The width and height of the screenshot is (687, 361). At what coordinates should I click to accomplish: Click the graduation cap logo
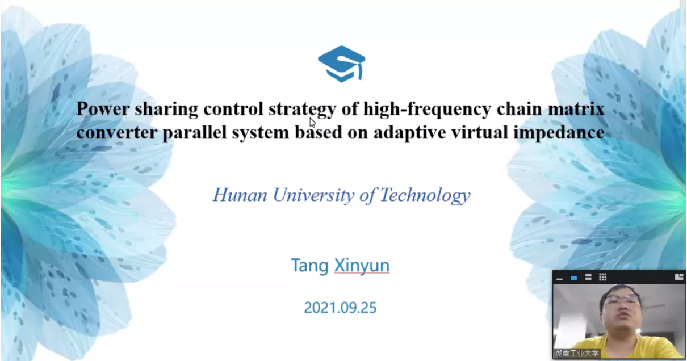tap(342, 64)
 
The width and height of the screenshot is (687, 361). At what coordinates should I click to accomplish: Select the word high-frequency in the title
tap(427, 110)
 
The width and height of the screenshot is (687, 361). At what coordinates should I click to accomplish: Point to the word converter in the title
tap(117, 132)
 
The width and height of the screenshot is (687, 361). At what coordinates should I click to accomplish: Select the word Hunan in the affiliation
tap(240, 195)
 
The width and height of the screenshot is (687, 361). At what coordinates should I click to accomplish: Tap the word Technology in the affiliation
tap(425, 196)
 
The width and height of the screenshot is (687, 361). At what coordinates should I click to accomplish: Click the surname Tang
tap(310, 266)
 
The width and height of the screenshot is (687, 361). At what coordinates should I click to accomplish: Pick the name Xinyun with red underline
tap(362, 266)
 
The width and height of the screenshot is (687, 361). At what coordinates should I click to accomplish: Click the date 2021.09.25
tap(340, 308)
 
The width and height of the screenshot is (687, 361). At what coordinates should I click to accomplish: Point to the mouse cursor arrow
tap(312, 123)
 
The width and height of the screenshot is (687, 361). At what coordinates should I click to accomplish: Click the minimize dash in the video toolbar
tap(559, 279)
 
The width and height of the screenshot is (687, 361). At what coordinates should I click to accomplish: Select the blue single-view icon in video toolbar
tap(574, 278)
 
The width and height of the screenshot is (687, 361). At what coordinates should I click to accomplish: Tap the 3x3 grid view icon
tap(602, 277)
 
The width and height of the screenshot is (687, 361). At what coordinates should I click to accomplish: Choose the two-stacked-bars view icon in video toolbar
tap(588, 277)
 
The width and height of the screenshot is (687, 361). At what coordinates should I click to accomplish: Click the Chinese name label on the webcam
tap(577, 353)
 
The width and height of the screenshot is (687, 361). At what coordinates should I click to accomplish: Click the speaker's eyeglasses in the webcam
tap(621, 299)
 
